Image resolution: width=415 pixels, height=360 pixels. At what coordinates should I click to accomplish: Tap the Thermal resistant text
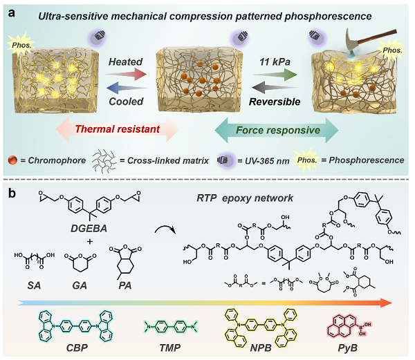121,128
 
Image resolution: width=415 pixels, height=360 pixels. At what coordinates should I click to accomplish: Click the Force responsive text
286,128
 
